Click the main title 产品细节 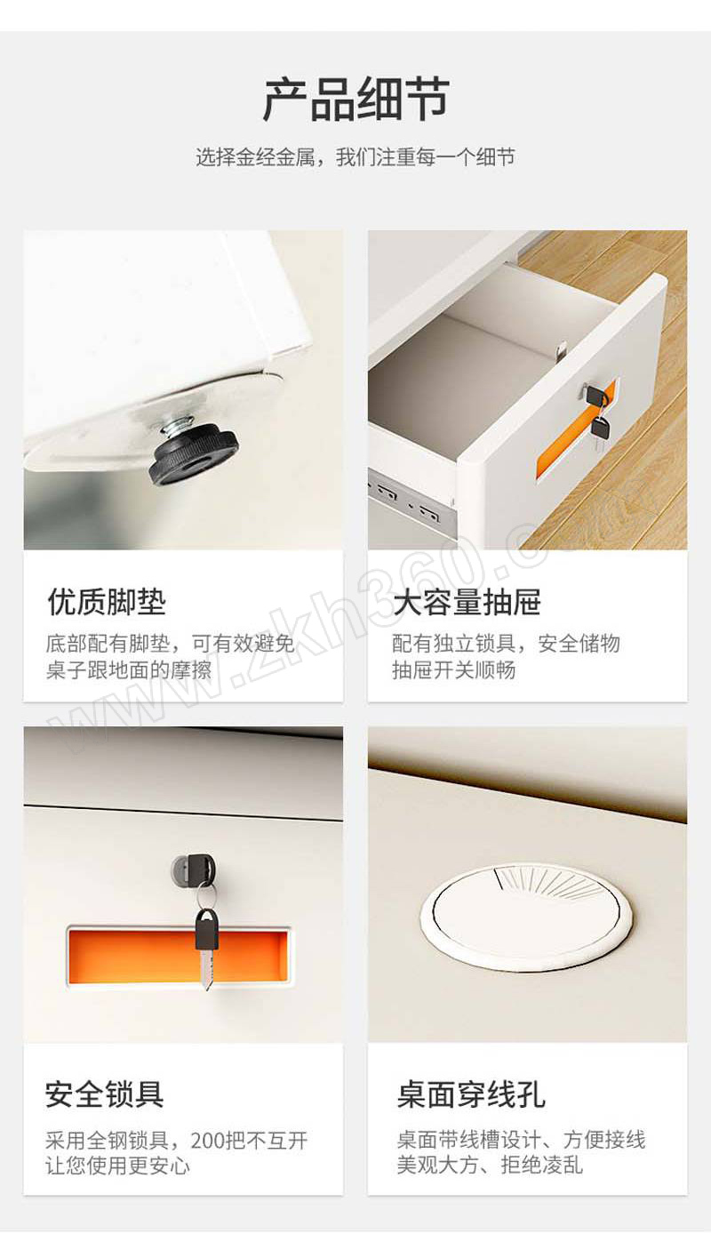355,100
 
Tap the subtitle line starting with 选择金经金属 355,157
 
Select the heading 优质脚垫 107,601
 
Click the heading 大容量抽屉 467,601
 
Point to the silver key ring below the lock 205,896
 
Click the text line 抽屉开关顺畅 454,670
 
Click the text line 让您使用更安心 118,1166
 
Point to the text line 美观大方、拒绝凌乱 490,1166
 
